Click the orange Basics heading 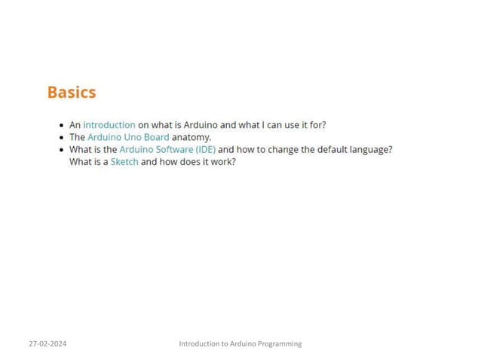(x=72, y=93)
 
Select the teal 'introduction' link (x=109, y=125)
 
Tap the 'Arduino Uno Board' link (x=128, y=137)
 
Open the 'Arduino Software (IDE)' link (x=167, y=149)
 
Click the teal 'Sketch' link (x=124, y=161)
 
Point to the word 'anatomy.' (x=191, y=137)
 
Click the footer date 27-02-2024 (x=47, y=343)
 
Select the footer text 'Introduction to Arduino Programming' (x=240, y=343)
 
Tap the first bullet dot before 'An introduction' (x=60, y=126)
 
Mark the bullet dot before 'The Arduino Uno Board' (x=60, y=138)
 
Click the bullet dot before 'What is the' (x=60, y=150)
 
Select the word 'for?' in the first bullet (x=318, y=125)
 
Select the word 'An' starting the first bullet (x=75, y=125)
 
